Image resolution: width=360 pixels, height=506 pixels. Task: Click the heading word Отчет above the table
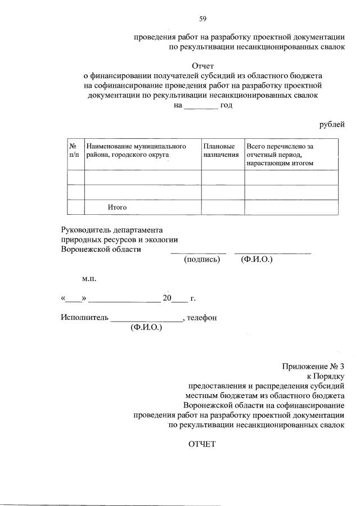(203, 66)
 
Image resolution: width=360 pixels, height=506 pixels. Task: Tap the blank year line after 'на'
(201, 105)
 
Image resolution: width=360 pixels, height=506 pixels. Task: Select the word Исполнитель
(84, 318)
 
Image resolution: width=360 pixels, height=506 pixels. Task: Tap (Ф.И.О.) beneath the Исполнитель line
(146, 327)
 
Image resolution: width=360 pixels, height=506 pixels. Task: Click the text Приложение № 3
(313, 367)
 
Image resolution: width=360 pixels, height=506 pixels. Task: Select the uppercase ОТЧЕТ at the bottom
(202, 444)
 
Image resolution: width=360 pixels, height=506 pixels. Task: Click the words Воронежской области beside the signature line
(101, 249)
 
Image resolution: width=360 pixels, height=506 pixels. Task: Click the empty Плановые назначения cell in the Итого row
(222, 207)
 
